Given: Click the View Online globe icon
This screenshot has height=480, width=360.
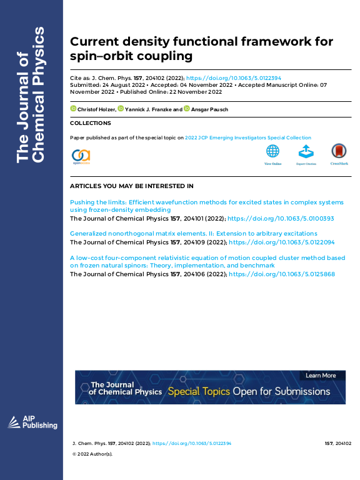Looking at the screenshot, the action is [272, 152].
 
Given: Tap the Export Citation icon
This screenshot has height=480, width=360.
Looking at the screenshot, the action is [306, 152].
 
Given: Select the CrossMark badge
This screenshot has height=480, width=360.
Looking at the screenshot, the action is [339, 152].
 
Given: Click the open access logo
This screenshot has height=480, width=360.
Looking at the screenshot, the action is [81, 156].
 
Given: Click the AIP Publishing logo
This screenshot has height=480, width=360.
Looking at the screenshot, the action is [32, 422].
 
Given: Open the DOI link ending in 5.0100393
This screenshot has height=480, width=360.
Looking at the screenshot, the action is [281, 219].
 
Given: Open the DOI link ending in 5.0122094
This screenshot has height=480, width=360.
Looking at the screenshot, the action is [282, 241].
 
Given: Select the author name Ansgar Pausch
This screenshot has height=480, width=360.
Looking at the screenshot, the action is [209, 109].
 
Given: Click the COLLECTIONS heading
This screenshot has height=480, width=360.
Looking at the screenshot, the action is [90, 124].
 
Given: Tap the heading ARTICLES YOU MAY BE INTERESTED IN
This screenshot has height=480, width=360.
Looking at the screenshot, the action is [131, 186].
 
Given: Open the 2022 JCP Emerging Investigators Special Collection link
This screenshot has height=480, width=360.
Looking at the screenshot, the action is [247, 137].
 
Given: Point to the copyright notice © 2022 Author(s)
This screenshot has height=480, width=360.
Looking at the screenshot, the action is [93, 454].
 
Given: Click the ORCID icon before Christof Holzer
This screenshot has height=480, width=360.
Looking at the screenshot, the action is [72, 109].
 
